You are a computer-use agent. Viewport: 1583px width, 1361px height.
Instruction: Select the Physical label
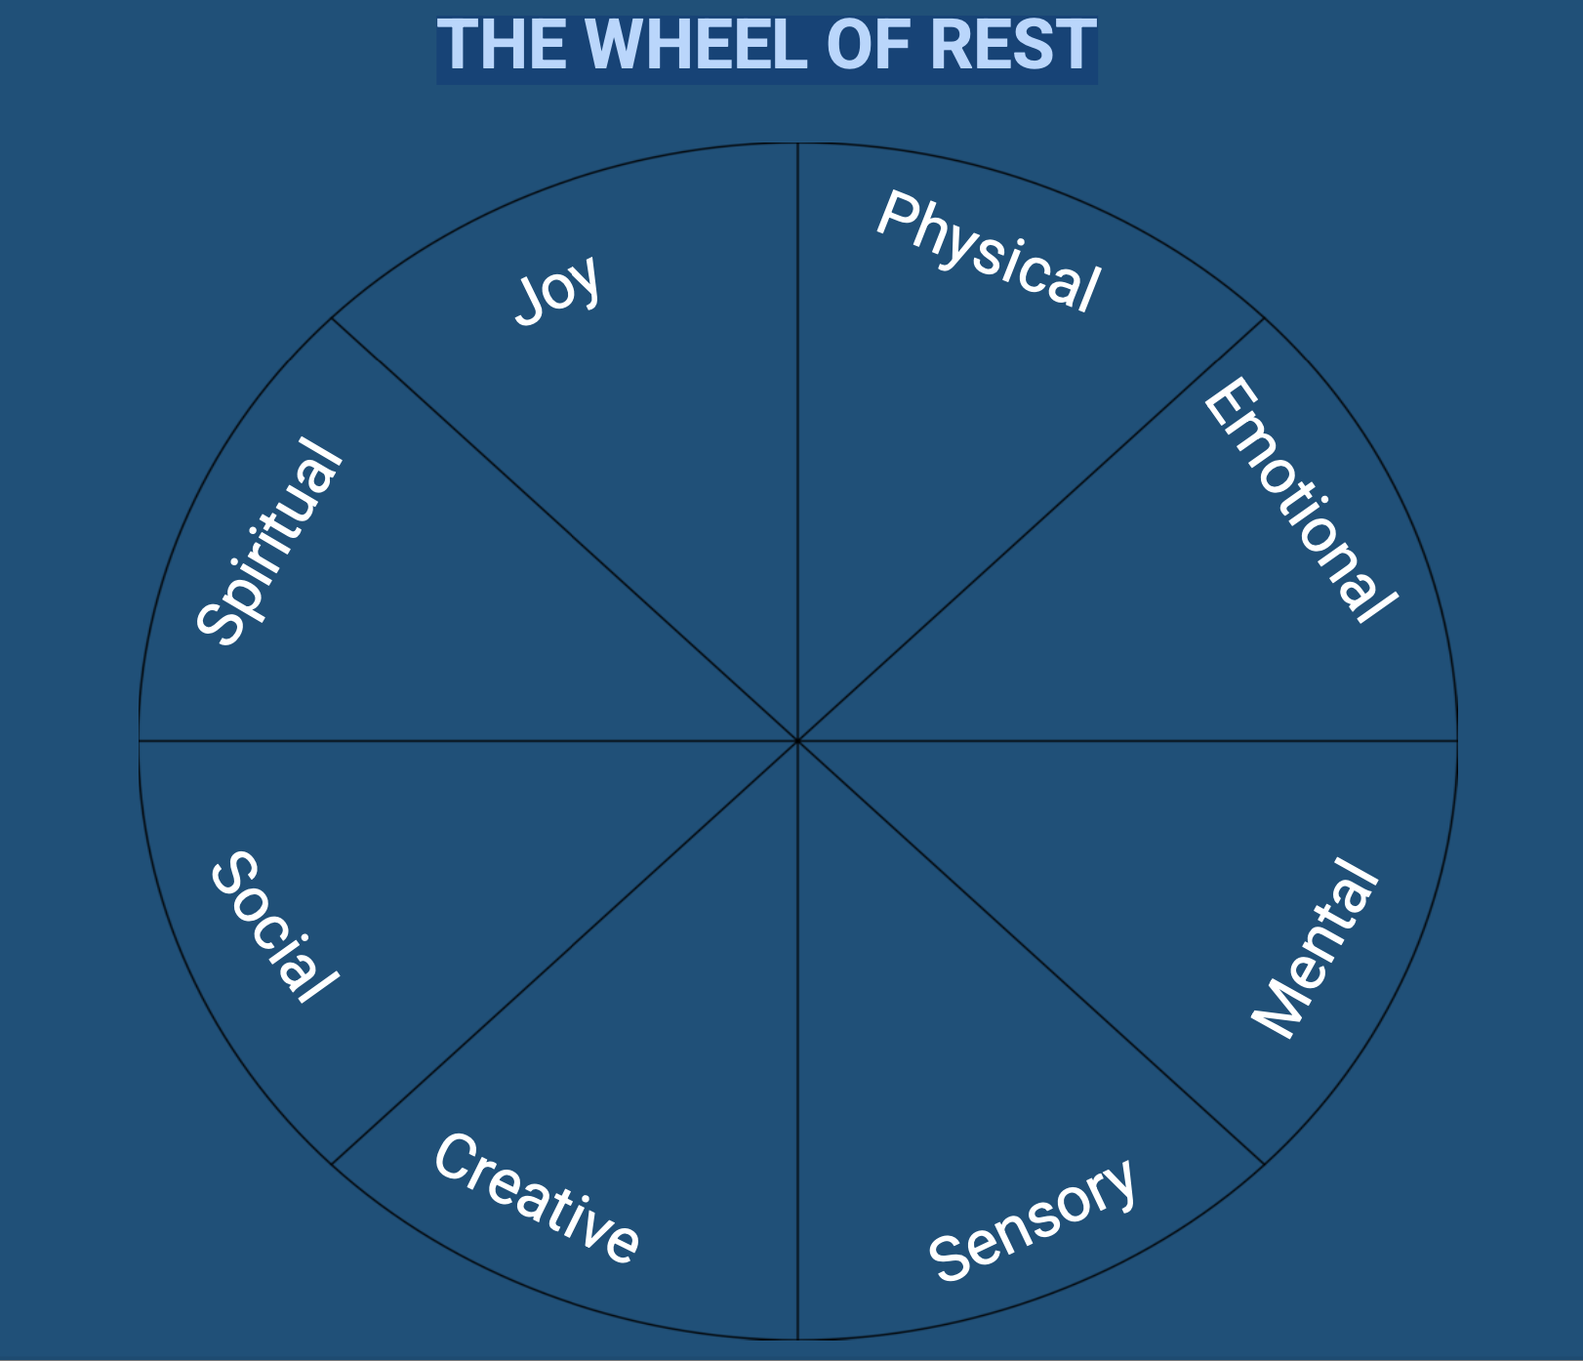click(988, 253)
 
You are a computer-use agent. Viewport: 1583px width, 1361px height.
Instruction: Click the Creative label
click(537, 1199)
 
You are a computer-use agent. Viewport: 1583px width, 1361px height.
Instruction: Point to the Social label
click(273, 927)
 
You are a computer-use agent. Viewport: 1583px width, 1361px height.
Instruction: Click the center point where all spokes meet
click(798, 741)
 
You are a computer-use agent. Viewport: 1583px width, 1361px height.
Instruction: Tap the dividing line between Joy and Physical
click(798, 439)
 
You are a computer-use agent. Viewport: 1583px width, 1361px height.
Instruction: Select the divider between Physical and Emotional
click(1032, 529)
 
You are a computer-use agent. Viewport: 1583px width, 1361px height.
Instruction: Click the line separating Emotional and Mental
click(1127, 741)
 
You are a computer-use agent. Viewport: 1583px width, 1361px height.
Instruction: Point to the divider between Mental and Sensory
click(1032, 953)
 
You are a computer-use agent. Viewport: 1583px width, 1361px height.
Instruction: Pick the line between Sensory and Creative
click(798, 1040)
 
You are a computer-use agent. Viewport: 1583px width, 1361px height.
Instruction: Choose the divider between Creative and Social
click(565, 953)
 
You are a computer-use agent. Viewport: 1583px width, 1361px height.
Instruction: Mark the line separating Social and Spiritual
click(468, 741)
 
